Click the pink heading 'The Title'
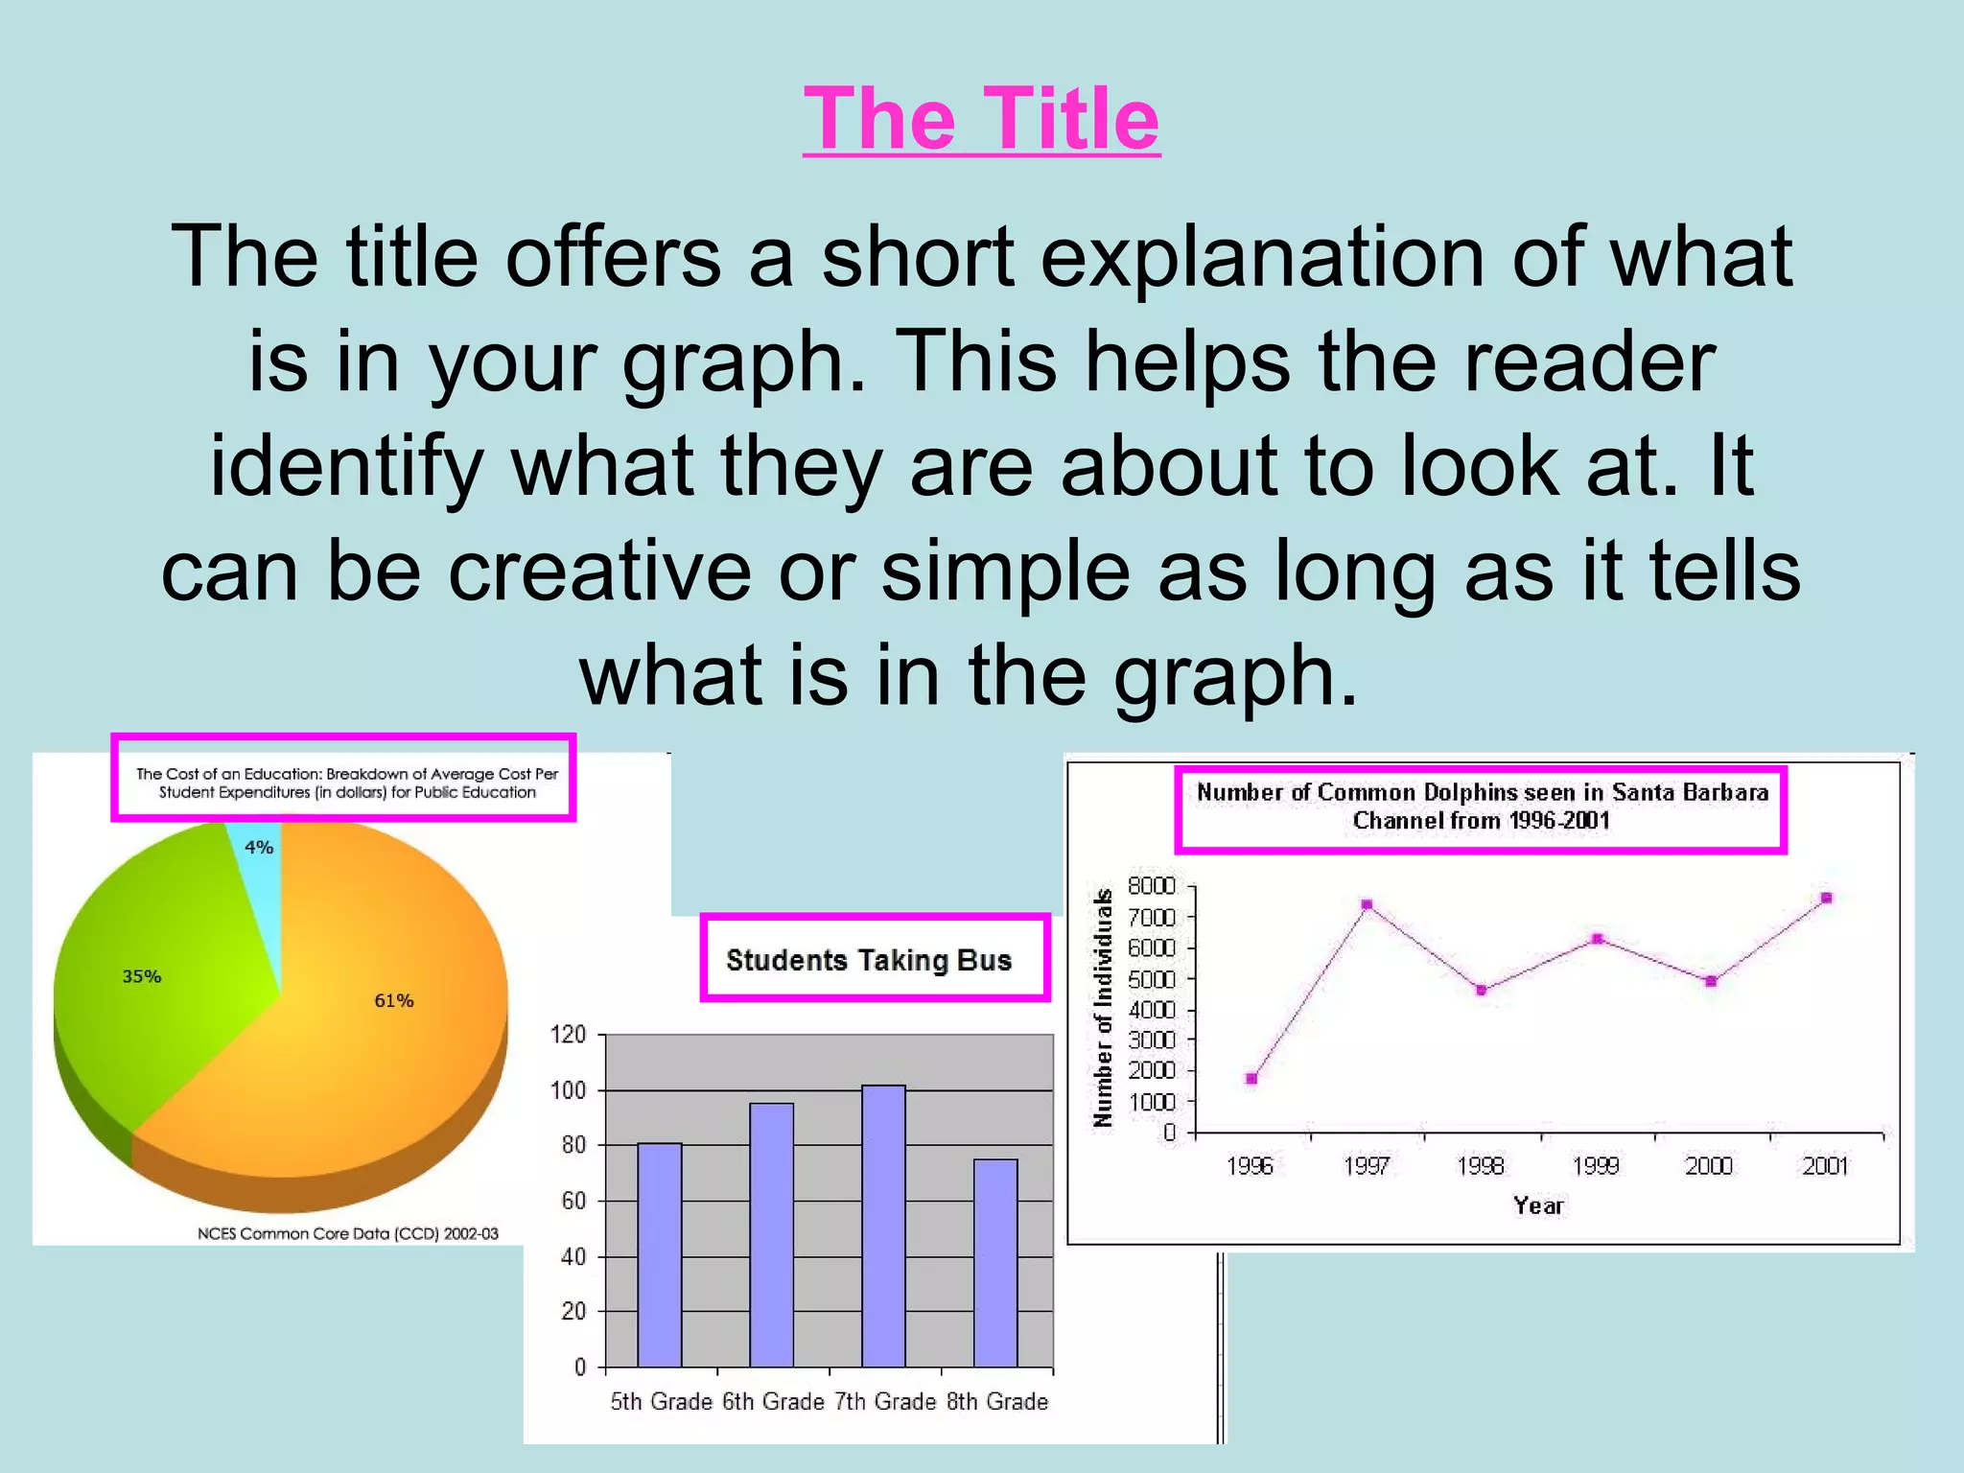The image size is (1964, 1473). tap(981, 119)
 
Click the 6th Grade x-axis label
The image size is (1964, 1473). tap(773, 1402)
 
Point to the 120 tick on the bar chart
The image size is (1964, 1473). tap(568, 1035)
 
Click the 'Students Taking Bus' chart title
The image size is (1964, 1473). tap(869, 960)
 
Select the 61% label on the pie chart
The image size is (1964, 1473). tap(394, 1001)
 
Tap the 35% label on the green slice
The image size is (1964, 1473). tap(142, 977)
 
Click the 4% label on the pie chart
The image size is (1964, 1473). tap(259, 848)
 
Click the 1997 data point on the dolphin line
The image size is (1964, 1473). tap(1367, 904)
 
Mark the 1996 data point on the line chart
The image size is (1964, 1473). tap(1251, 1079)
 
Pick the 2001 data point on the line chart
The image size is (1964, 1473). tap(1827, 899)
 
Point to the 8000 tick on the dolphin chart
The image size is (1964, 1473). tap(1151, 885)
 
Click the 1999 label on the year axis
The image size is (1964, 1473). tap(1596, 1166)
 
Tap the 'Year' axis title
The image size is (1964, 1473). tap(1538, 1206)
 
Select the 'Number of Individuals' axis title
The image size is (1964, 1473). tap(1104, 1007)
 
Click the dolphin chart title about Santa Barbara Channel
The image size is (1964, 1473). tap(1482, 807)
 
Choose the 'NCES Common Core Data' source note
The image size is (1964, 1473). tap(348, 1234)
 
